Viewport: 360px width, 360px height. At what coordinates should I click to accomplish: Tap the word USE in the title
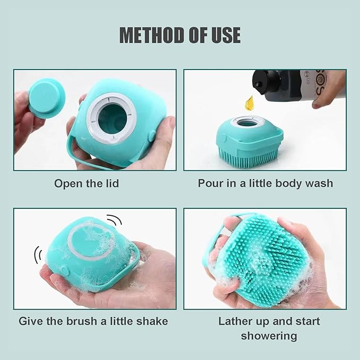pyautogui.click(x=225, y=35)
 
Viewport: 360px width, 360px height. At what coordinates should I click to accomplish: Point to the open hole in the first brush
pyautogui.click(x=112, y=119)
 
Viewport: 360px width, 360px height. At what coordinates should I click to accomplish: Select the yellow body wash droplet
pyautogui.click(x=249, y=103)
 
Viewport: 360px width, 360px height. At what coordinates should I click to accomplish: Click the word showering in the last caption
pyautogui.click(x=269, y=336)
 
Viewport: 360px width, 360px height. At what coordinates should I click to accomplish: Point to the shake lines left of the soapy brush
pyautogui.click(x=38, y=254)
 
